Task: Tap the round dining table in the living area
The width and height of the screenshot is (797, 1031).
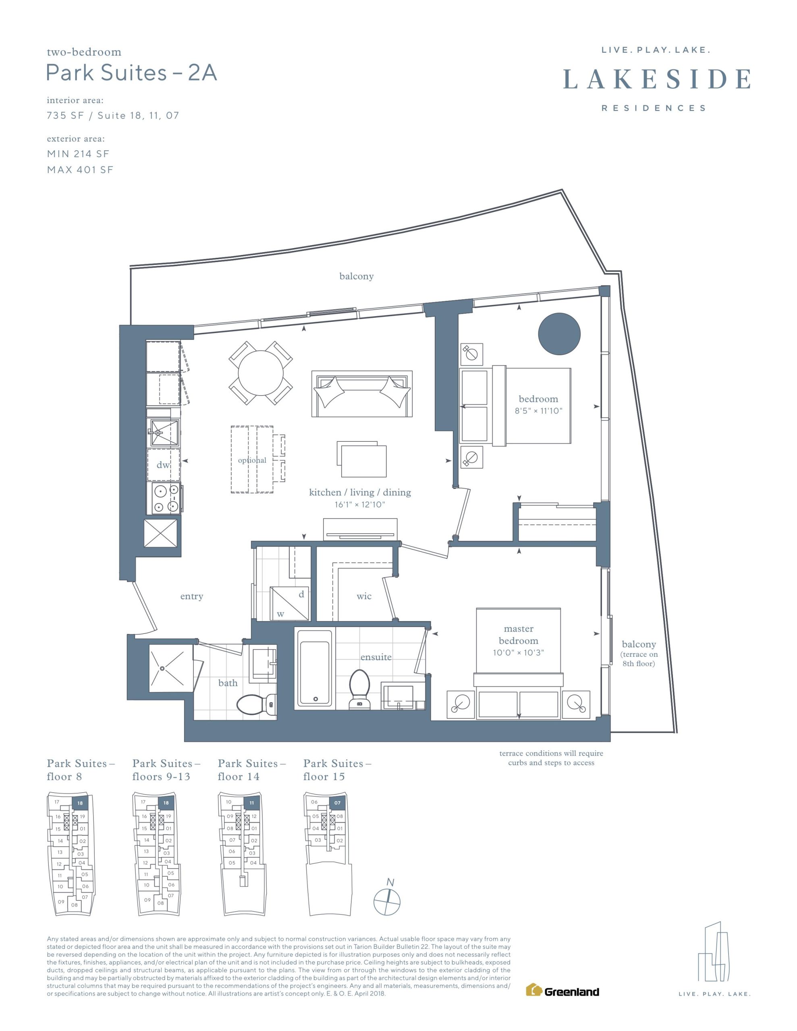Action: (260, 373)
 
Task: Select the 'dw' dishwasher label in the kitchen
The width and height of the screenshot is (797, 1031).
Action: (163, 465)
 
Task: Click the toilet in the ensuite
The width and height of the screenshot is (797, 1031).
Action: (359, 689)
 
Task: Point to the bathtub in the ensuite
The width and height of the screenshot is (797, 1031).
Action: (315, 668)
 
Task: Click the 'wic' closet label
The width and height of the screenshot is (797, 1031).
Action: (364, 596)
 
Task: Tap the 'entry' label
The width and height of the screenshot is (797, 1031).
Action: (192, 596)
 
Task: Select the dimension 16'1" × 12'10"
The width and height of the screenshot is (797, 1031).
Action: (359, 505)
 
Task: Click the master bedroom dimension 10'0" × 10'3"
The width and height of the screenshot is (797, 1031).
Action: (518, 652)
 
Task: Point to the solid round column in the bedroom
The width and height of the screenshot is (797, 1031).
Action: (559, 334)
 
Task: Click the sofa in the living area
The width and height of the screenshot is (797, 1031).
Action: (362, 394)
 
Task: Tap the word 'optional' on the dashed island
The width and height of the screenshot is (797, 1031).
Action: (252, 460)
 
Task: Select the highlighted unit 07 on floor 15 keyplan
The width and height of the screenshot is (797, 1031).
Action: (337, 803)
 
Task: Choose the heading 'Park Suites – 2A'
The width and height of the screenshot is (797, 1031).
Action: (132, 73)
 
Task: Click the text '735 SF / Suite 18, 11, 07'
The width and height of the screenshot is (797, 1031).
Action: (113, 116)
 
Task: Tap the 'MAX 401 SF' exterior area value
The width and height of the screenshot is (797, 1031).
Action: (80, 170)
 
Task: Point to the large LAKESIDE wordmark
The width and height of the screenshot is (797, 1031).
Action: (657, 79)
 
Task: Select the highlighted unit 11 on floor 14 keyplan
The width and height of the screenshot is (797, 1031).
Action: (252, 803)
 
